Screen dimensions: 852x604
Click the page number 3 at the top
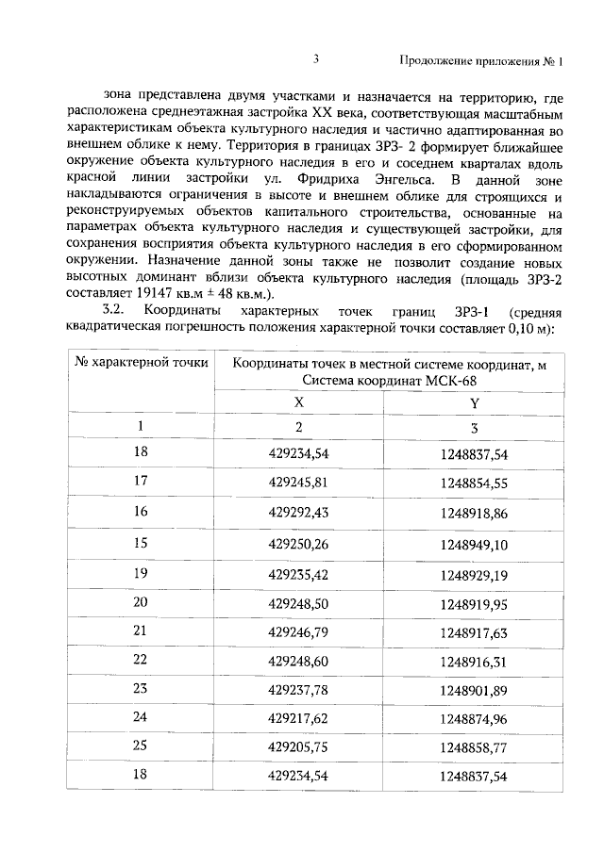pos(317,60)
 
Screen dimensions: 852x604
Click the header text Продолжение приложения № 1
pos(480,62)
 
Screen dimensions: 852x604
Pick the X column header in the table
pos(298,401)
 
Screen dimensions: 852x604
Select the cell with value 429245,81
pos(298,481)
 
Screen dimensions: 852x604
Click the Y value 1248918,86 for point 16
pos(474,513)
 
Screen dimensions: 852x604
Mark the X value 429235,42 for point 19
pos(298,577)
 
